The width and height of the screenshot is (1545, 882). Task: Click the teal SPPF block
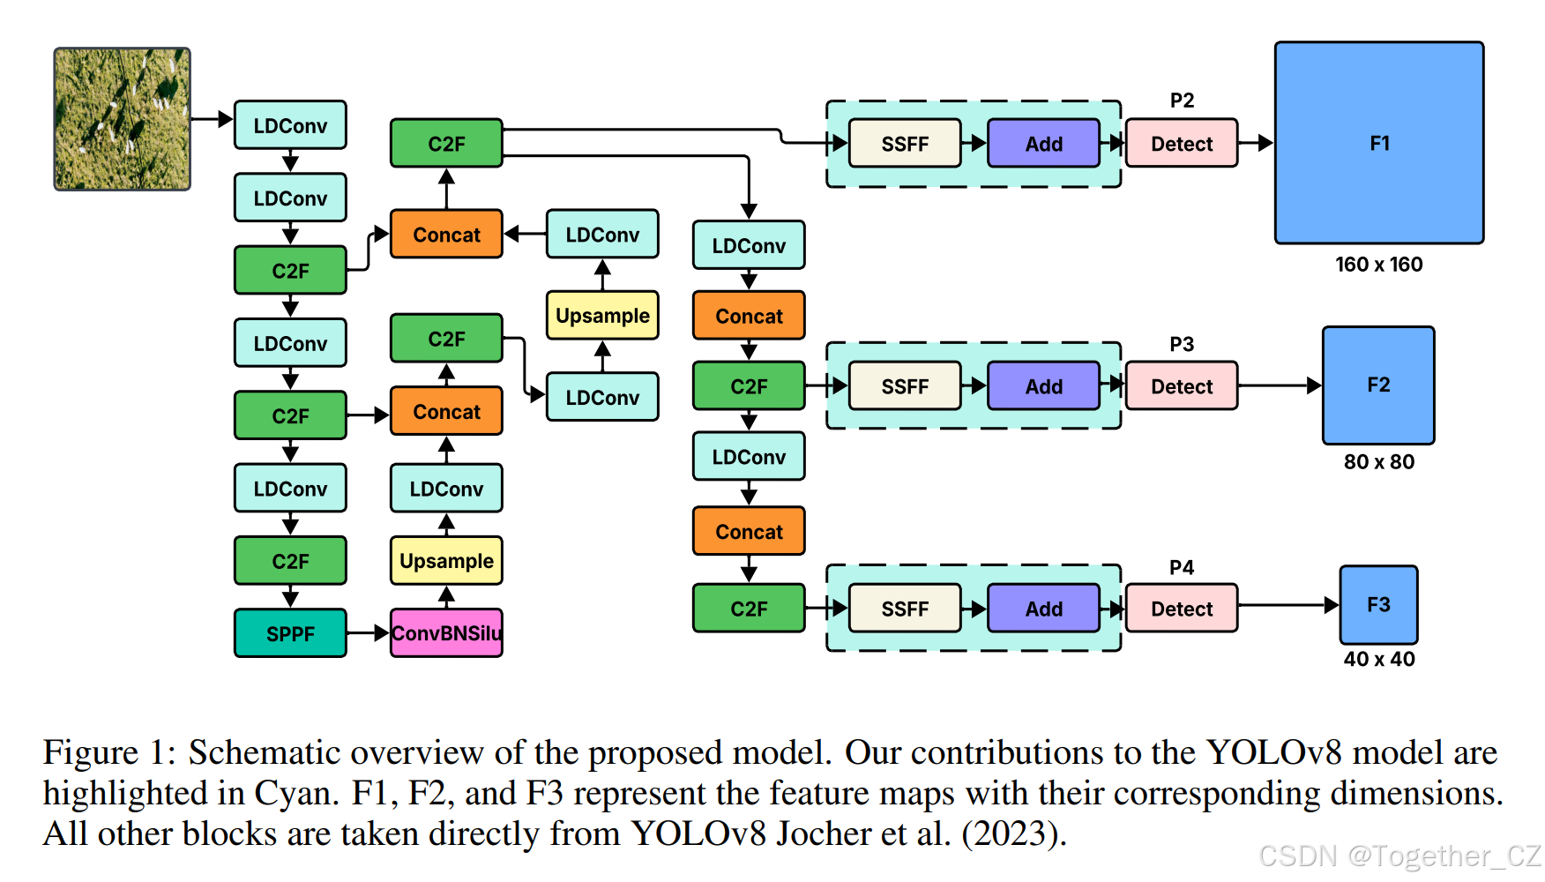click(x=290, y=633)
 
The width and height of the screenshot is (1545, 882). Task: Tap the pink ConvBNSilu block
click(x=446, y=633)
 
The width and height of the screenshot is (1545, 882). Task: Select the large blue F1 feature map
click(x=1379, y=143)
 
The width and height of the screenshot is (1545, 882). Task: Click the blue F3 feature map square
click(x=1378, y=605)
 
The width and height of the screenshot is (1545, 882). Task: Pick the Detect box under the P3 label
click(x=1182, y=386)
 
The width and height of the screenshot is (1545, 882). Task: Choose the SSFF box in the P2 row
click(x=905, y=144)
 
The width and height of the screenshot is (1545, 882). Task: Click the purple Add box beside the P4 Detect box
click(x=1043, y=609)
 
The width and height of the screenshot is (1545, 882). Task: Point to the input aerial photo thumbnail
click(x=123, y=119)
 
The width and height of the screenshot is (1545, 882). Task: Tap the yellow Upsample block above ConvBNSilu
click(x=446, y=561)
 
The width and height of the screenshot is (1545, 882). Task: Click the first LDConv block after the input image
click(x=290, y=125)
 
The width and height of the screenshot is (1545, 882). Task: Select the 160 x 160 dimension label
click(x=1378, y=265)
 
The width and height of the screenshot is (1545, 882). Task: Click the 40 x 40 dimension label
click(x=1378, y=659)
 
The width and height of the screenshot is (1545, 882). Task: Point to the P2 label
click(x=1182, y=101)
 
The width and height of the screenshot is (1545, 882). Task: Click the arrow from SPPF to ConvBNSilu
click(x=368, y=633)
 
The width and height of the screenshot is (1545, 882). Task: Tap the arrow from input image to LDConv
click(x=212, y=119)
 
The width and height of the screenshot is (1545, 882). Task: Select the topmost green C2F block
click(x=446, y=144)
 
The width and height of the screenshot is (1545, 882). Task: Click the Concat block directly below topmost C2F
click(x=446, y=235)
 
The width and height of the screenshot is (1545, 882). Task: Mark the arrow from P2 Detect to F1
click(x=1256, y=143)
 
